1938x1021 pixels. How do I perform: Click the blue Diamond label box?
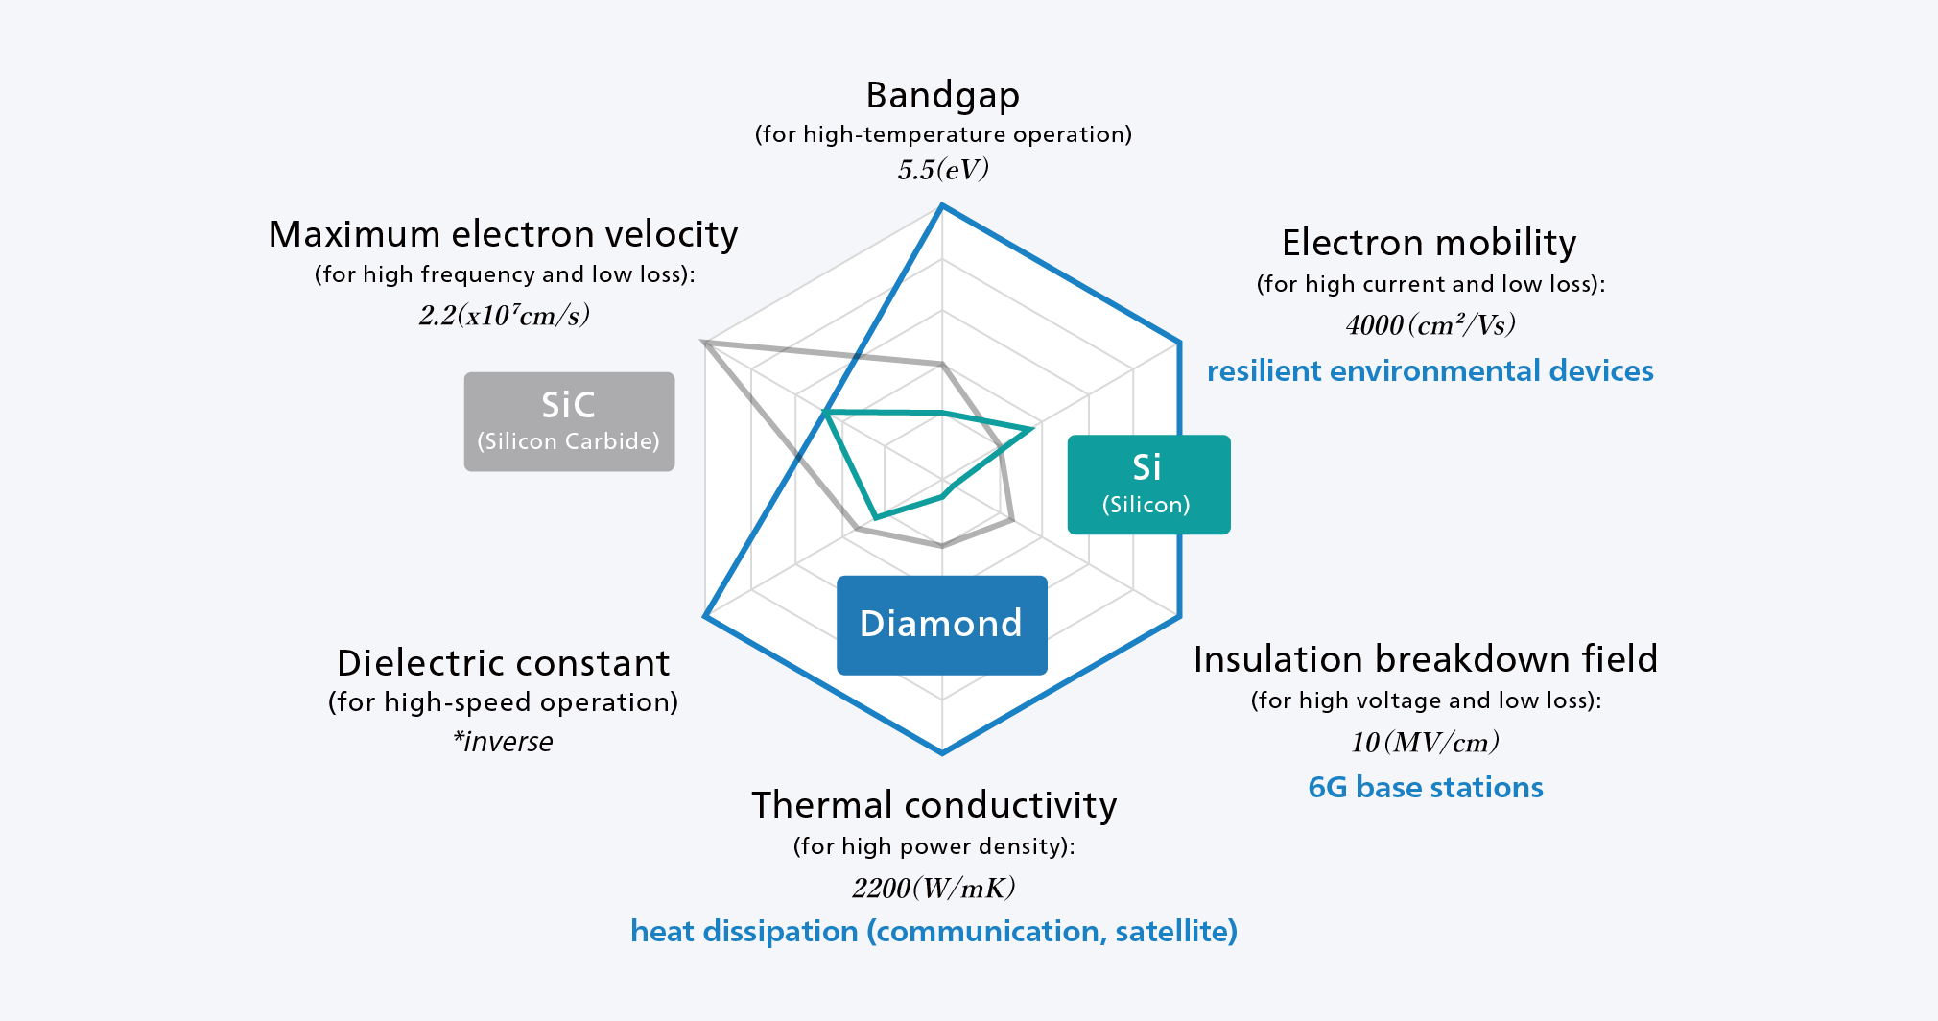click(941, 625)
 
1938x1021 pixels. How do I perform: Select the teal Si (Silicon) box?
click(1148, 485)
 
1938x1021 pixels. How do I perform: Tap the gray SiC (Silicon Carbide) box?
click(569, 421)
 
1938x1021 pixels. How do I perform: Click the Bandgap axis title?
click(942, 96)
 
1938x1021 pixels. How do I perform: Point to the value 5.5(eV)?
click(943, 170)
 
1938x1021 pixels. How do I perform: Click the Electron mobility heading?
click(1429, 243)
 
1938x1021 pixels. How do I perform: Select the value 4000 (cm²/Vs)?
click(1430, 325)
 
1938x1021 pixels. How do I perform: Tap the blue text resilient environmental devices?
click(1430, 370)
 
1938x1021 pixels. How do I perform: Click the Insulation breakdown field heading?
click(1426, 659)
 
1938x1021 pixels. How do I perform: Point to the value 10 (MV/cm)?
click(1425, 742)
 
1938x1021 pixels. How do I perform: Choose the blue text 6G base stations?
click(1426, 788)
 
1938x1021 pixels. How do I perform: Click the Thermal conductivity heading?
click(934, 805)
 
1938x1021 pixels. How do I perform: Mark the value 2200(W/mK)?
click(934, 888)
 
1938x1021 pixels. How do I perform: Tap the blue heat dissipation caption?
click(934, 931)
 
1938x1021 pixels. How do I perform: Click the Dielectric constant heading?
click(504, 663)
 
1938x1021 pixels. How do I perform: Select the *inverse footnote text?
click(504, 742)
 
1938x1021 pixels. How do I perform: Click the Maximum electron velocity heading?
click(504, 234)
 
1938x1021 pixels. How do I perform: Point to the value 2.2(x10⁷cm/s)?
click(505, 316)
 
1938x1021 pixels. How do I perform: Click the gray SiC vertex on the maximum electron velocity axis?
click(705, 342)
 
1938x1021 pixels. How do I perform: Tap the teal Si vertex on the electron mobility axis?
click(1032, 428)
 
